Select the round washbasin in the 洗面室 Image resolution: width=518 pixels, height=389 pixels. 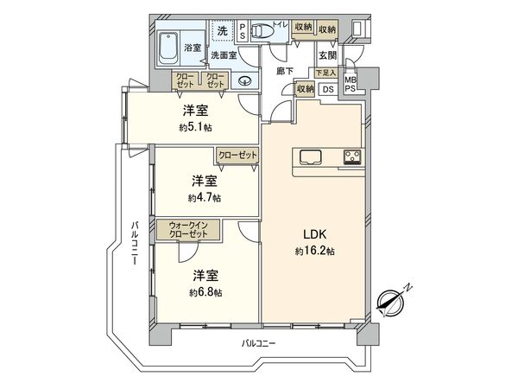pyautogui.click(x=244, y=83)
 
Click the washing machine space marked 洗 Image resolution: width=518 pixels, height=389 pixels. pyautogui.click(x=223, y=31)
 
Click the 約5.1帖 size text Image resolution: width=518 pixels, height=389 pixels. pyautogui.click(x=193, y=127)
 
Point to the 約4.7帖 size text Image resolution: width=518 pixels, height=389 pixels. pyautogui.click(x=204, y=197)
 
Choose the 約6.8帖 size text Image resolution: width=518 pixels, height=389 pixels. pyautogui.click(x=205, y=292)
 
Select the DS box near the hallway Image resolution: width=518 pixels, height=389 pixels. pyautogui.click(x=328, y=89)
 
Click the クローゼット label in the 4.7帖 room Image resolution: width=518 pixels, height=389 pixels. pyautogui.click(x=237, y=155)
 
